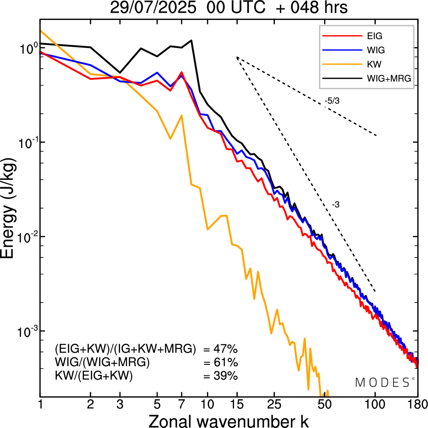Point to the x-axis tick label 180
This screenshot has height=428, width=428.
[417, 404]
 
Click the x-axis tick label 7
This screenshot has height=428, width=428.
[182, 404]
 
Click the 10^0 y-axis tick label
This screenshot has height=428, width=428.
[26, 49]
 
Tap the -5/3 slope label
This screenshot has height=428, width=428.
[332, 101]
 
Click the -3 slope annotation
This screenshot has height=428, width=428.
[336, 205]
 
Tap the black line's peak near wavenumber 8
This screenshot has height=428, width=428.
[191, 40]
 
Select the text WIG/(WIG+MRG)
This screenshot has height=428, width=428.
[102, 363]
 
